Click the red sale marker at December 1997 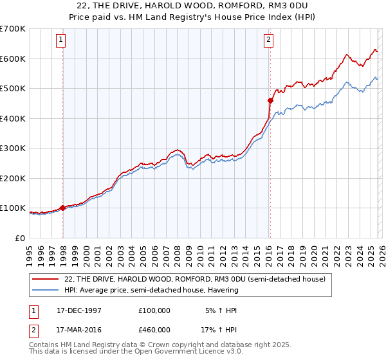click(63, 208)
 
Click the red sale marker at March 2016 click(270, 100)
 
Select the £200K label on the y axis click(13, 178)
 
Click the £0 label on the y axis click(19, 238)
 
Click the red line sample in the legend click(46, 279)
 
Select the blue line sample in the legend click(46, 290)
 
